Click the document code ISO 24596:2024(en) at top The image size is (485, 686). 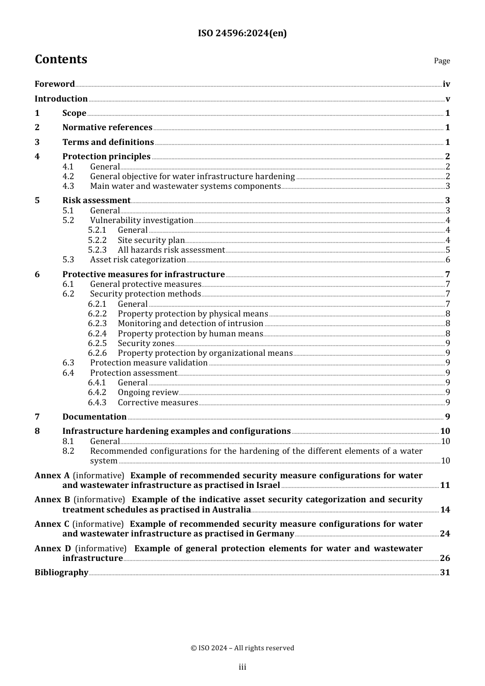pos(242,34)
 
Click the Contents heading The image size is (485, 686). pos(61,60)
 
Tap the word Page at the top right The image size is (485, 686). pos(442,61)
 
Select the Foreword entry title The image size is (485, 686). pos(55,84)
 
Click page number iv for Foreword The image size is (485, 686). pos(446,84)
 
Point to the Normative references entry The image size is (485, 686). pos(107,128)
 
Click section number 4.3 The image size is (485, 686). pos(68,186)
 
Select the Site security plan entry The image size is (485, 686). pos(151,240)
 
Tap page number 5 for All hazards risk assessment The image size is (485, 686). pos(448,250)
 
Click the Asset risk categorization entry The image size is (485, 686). pos(138,260)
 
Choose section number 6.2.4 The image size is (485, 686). pos(97,334)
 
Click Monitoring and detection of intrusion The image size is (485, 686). pos(190,324)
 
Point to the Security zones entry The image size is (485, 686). pos(146,344)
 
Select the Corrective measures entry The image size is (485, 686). pos(158,403)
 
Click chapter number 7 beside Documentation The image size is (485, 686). pos(37,417)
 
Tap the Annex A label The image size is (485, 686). pos(52,476)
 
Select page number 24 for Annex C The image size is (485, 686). pos(445,534)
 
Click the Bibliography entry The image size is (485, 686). pos(61,573)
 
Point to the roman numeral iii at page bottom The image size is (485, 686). pos(243,667)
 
